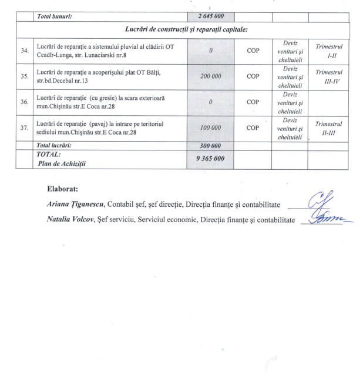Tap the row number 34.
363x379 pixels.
click(24, 51)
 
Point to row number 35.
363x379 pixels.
click(24, 76)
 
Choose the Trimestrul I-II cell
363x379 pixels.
click(328, 51)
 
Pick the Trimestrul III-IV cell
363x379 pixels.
click(328, 76)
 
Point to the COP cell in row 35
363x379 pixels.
click(253, 76)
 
